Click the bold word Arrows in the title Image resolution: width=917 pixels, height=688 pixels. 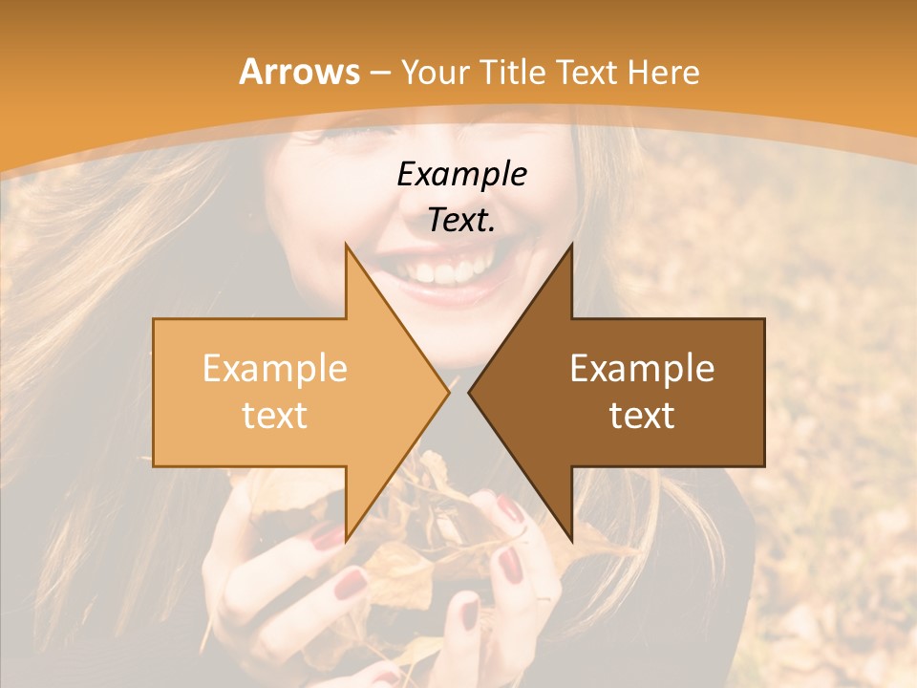[x=299, y=72]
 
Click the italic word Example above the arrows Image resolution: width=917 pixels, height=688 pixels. [x=461, y=174]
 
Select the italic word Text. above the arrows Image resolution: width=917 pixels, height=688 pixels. [x=461, y=220]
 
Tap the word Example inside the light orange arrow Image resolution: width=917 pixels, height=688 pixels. [x=274, y=369]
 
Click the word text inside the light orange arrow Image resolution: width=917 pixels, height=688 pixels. [x=274, y=416]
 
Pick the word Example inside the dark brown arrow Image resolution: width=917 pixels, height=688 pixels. [x=642, y=369]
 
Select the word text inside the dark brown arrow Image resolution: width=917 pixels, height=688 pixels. [x=642, y=416]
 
